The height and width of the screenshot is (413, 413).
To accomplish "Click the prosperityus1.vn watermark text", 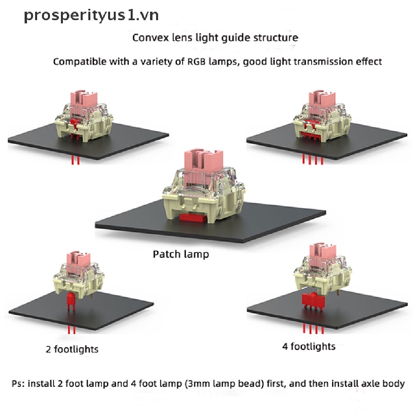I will (x=91, y=15).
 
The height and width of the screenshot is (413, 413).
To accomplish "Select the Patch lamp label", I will (x=181, y=254).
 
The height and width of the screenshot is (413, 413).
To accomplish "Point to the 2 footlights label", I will (x=72, y=348).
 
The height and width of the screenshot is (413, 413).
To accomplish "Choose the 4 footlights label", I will (x=309, y=346).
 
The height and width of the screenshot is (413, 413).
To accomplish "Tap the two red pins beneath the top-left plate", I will (x=75, y=161).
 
